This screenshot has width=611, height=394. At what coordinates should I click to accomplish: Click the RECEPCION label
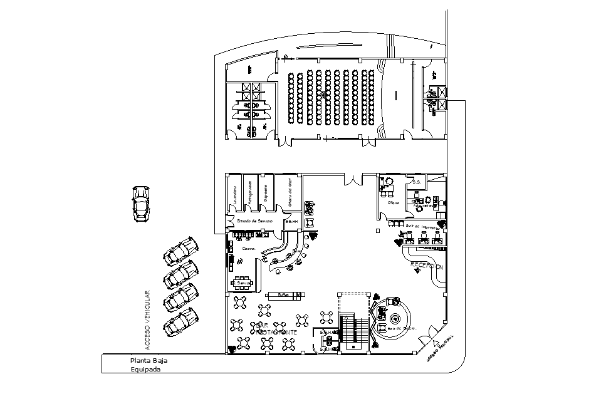426,266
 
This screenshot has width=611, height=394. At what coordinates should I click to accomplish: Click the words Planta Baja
149,360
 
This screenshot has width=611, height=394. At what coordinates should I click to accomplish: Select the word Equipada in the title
145,369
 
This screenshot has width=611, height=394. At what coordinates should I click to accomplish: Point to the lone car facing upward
141,203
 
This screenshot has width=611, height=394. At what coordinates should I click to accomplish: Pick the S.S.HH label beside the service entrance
291,222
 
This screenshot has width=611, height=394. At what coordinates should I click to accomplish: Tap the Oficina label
393,203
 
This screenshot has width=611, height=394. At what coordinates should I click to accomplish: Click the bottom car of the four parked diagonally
180,322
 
